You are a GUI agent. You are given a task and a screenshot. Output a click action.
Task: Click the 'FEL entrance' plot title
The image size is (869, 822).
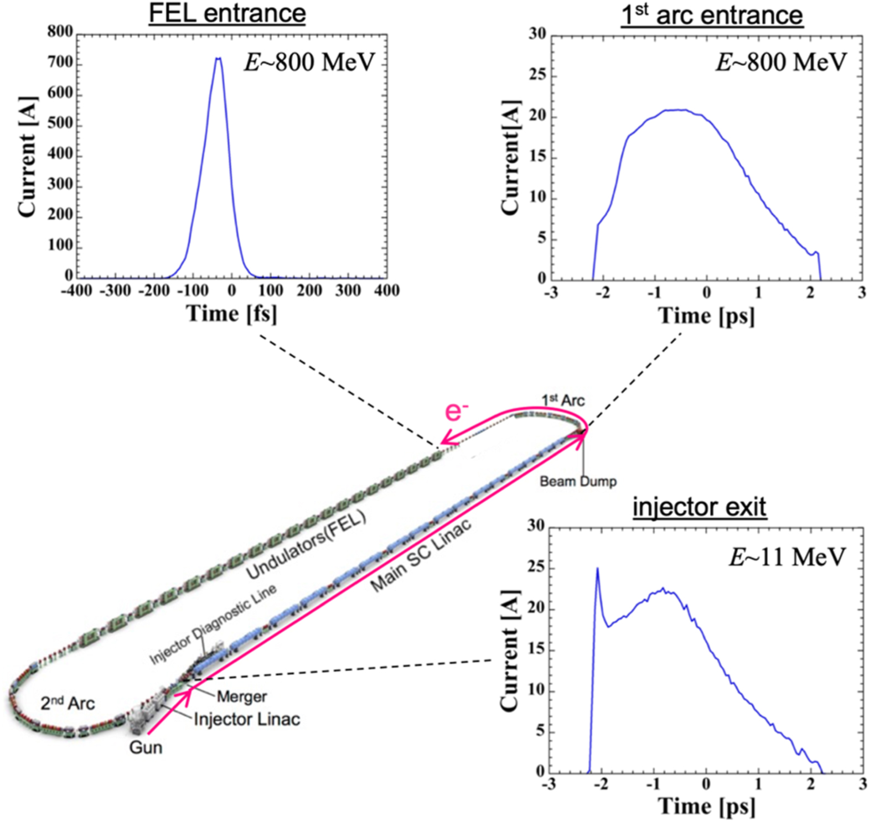tap(227, 13)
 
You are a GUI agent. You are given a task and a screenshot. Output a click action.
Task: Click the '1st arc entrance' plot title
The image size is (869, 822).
tap(712, 15)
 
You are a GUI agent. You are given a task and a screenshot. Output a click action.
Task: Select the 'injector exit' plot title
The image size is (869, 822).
tap(700, 507)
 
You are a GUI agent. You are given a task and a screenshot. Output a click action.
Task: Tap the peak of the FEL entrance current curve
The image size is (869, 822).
tap(218, 58)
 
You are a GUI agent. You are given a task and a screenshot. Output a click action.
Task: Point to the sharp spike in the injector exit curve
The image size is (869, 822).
tap(597, 569)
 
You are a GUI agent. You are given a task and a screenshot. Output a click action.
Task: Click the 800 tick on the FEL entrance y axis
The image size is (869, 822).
tap(60, 32)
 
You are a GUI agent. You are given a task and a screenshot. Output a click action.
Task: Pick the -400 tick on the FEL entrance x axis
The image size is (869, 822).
tap(76, 290)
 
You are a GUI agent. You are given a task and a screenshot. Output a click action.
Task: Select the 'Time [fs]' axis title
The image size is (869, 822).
tap(231, 314)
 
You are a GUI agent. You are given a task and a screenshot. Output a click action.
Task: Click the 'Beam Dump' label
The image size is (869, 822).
tap(578, 481)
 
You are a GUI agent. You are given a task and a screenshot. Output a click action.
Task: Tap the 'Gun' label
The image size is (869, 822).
tap(146, 747)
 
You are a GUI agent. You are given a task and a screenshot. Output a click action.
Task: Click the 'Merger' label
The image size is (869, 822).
tap(241, 696)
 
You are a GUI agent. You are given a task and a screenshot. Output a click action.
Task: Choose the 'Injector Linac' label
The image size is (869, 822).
tap(247, 719)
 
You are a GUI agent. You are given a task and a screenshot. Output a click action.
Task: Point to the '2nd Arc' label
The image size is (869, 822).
tap(68, 703)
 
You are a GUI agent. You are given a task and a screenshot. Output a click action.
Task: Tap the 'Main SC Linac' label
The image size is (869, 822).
tap(421, 555)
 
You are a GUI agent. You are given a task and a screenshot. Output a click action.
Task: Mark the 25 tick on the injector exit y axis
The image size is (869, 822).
tap(536, 568)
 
